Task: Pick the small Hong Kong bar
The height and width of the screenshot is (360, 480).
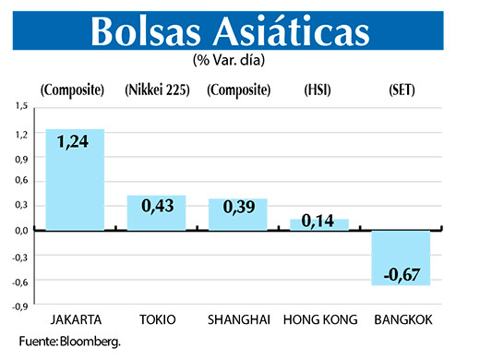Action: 319,224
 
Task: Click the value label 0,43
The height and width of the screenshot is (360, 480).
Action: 156,206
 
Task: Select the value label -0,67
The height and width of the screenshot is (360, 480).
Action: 401,273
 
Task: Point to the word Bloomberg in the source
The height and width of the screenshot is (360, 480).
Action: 90,341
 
